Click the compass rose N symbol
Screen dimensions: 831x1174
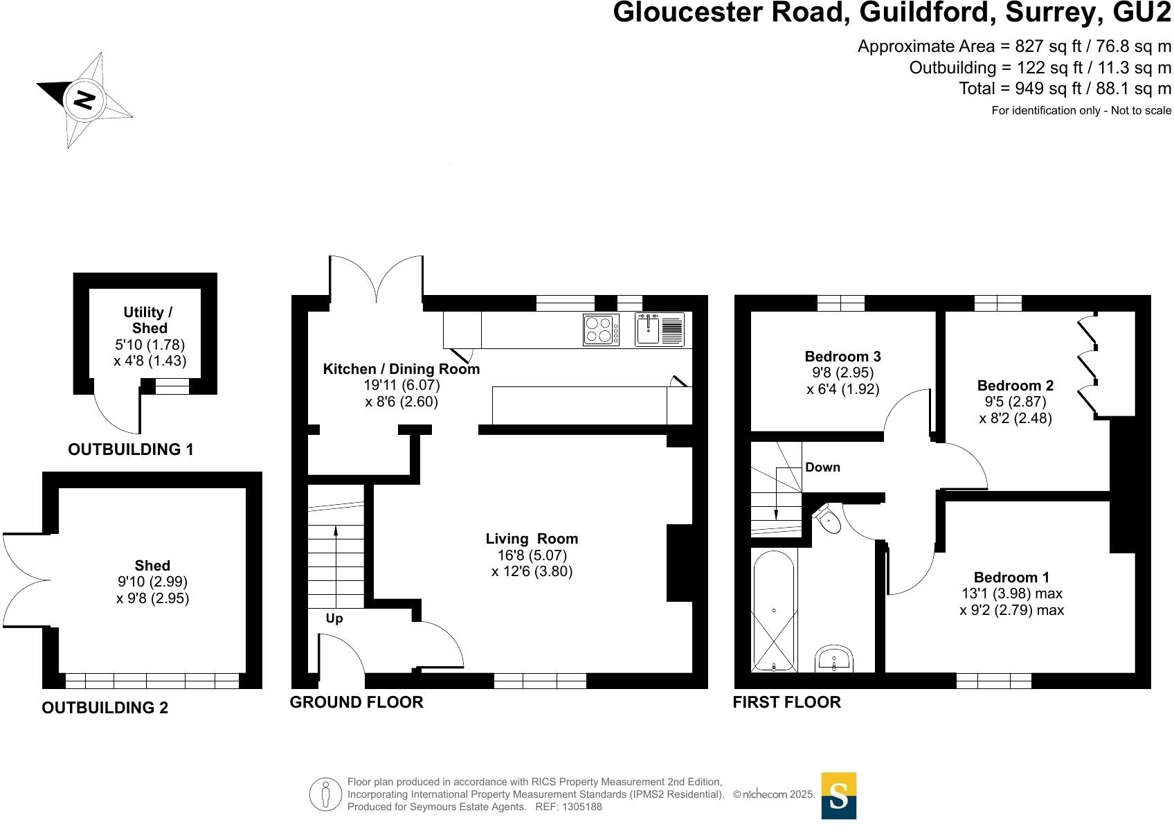coord(84,100)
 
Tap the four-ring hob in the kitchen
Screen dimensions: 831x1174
coord(601,330)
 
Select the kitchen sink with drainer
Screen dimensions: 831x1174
coord(659,330)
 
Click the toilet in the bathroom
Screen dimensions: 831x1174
coord(828,518)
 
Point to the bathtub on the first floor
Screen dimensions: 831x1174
coord(775,611)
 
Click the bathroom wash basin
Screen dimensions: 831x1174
coord(835,659)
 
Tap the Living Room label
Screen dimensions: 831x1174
coord(532,539)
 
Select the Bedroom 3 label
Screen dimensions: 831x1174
coord(842,357)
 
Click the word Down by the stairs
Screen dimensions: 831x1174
coord(822,467)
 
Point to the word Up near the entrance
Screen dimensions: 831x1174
coord(334,618)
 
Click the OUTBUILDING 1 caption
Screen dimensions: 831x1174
coord(131,449)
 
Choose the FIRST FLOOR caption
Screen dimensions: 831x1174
coord(786,702)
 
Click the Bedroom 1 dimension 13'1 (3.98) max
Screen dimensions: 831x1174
coord(1011,593)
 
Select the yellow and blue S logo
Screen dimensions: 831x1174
coord(838,796)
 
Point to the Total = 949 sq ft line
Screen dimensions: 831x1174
coord(1065,89)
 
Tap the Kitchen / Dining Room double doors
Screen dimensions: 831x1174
coord(377,280)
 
